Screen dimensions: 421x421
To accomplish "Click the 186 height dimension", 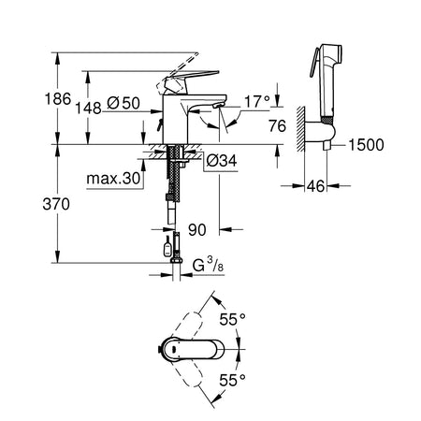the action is [x=58, y=99].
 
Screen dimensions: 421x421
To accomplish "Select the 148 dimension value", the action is [x=89, y=109].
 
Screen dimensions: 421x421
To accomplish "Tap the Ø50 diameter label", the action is [x=123, y=103].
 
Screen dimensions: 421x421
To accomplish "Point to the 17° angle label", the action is [x=257, y=102].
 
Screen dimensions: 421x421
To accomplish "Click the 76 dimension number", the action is [x=277, y=126].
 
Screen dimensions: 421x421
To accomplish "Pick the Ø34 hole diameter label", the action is [x=222, y=161].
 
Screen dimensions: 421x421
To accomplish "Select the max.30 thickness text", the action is [x=113, y=179].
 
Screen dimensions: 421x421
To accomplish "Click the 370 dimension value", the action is [x=56, y=205].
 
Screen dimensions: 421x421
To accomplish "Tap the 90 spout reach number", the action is [x=197, y=230].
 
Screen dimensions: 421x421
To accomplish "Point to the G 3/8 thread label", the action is [x=208, y=265].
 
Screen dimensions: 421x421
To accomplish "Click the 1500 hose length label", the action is [x=366, y=145].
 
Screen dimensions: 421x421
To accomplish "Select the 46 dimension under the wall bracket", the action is [x=315, y=186].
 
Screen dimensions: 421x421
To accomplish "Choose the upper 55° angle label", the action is [x=233, y=319].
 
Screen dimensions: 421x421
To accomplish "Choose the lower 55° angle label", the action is [x=233, y=380].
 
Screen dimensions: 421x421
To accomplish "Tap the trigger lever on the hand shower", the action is [x=314, y=63].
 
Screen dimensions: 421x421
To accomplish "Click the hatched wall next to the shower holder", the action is [x=300, y=129].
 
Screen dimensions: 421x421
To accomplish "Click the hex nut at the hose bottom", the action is [x=176, y=261].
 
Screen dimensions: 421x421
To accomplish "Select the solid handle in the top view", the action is [x=194, y=349].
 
